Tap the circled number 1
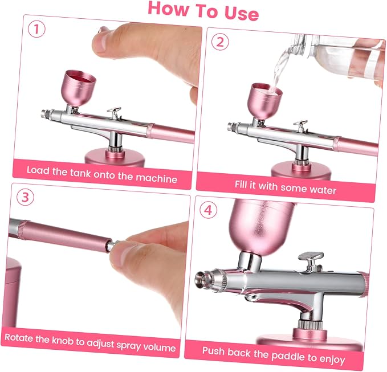(36, 29)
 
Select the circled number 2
(220, 42)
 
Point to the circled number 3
(26, 197)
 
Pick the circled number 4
(208, 210)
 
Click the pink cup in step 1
(80, 88)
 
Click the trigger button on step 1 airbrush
(114, 112)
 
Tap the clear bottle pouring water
(343, 55)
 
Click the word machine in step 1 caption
(157, 178)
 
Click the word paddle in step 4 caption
(288, 355)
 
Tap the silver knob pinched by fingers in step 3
(111, 245)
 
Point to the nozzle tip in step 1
(44, 114)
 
